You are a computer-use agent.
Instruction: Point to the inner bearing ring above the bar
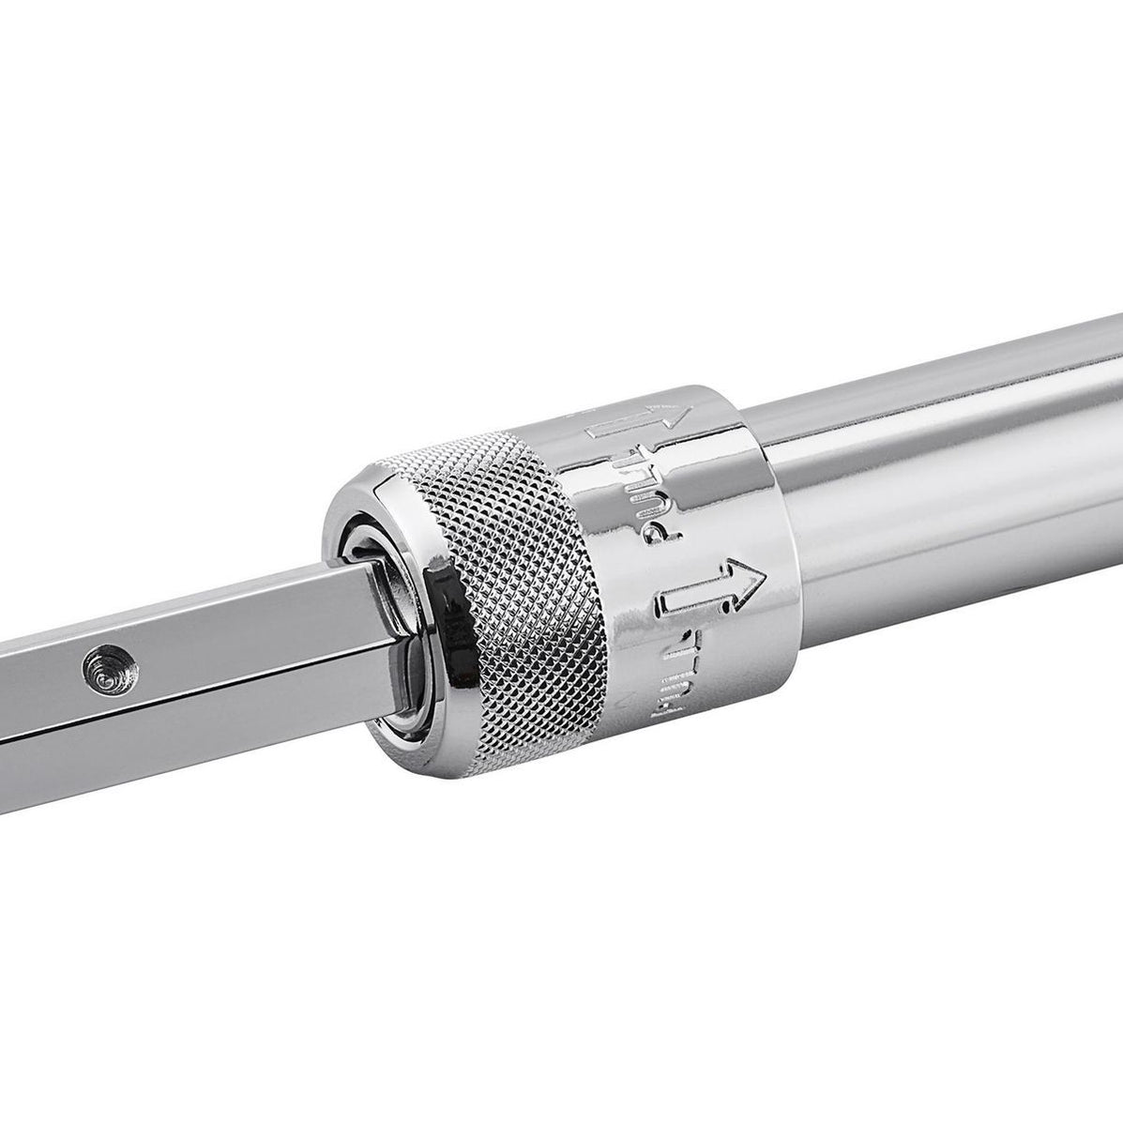361,544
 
